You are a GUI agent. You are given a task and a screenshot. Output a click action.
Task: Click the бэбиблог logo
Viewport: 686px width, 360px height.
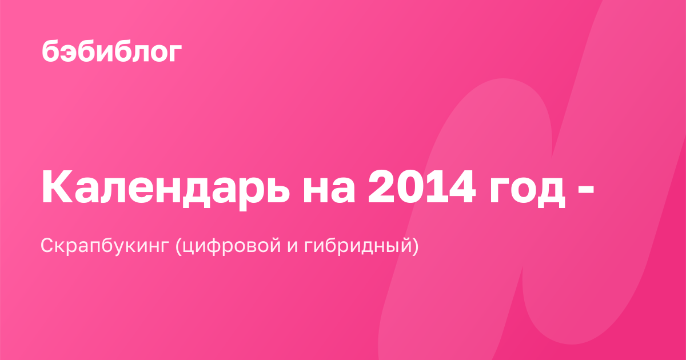pos(112,50)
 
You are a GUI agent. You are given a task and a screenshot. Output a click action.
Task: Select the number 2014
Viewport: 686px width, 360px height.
pos(422,186)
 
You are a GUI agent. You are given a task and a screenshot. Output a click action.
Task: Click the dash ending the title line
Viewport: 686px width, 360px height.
pos(586,189)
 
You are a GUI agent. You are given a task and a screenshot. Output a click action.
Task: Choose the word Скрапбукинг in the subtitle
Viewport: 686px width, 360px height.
pos(105,246)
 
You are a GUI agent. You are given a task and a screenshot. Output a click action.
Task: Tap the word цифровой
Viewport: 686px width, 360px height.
pos(232,246)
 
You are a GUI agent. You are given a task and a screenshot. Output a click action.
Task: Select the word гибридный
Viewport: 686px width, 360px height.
pos(358,246)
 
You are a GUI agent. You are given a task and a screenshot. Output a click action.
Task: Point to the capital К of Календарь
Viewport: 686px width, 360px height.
pos(58,186)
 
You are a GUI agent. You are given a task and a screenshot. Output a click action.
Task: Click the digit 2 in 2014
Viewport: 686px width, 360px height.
pos(381,186)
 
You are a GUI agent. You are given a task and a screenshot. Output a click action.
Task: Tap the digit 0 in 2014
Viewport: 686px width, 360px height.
pos(409,186)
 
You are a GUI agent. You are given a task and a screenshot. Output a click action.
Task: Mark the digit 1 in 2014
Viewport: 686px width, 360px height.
pos(434,186)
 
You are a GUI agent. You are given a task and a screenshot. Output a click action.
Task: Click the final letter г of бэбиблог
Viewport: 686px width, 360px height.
pos(174,53)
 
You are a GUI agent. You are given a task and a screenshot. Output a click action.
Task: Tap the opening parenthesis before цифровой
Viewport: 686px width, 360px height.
pos(178,246)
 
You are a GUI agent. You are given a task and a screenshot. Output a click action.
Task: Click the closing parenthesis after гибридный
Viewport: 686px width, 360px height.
pos(415,246)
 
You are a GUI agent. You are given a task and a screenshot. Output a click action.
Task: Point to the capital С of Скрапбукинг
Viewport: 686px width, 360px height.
pos(47,245)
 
